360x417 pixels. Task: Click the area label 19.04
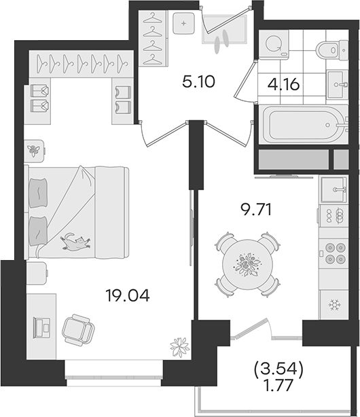(x=128, y=295)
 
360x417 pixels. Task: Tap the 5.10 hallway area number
(x=198, y=81)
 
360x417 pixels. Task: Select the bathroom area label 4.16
(x=284, y=85)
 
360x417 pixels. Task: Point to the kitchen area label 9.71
(x=256, y=210)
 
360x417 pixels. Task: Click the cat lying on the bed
(x=75, y=242)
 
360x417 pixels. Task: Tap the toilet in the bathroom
(x=332, y=49)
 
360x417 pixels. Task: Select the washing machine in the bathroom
(x=274, y=44)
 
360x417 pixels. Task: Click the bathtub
(x=305, y=124)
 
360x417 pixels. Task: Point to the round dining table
(x=247, y=264)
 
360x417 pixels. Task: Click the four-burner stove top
(x=334, y=253)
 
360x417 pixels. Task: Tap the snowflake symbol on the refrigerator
(x=333, y=305)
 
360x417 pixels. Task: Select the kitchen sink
(x=334, y=189)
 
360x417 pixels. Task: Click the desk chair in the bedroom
(x=78, y=330)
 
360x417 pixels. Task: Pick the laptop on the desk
(x=42, y=327)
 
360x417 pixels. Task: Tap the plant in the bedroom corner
(x=180, y=347)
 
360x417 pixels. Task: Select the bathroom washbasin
(x=338, y=85)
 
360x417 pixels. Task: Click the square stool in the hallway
(x=183, y=23)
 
